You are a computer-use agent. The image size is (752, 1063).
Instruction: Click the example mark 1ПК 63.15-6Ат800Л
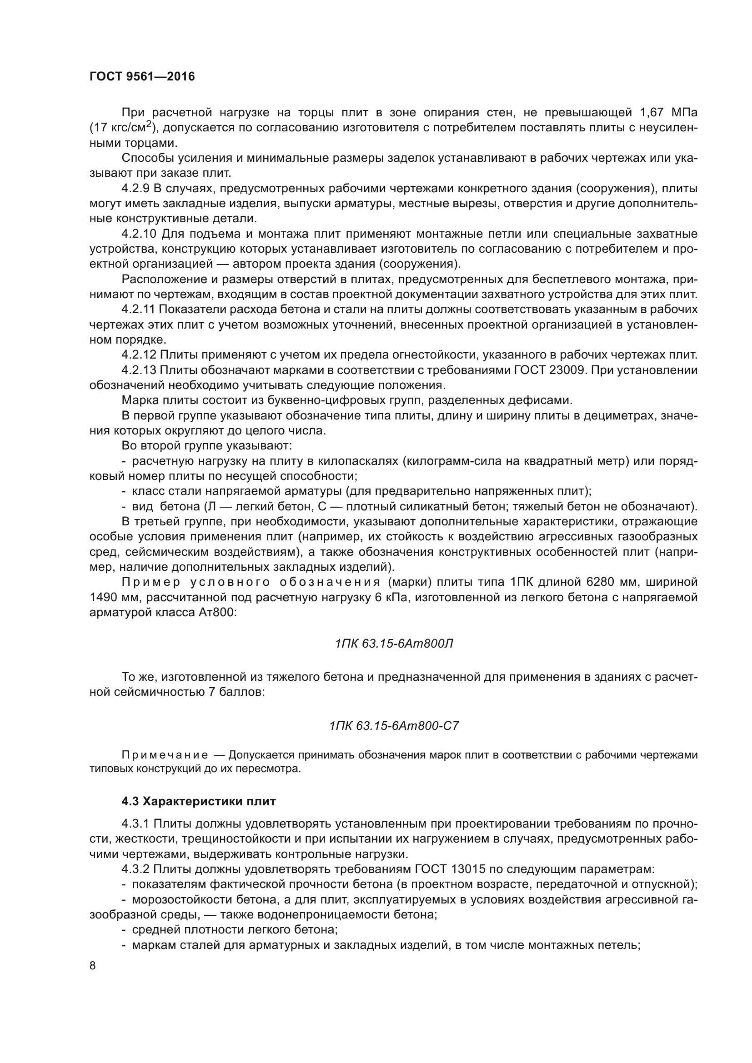(x=394, y=644)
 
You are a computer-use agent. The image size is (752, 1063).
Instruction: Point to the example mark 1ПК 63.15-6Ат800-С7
(x=394, y=726)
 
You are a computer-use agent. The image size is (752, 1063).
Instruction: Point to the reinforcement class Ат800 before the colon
(x=217, y=613)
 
